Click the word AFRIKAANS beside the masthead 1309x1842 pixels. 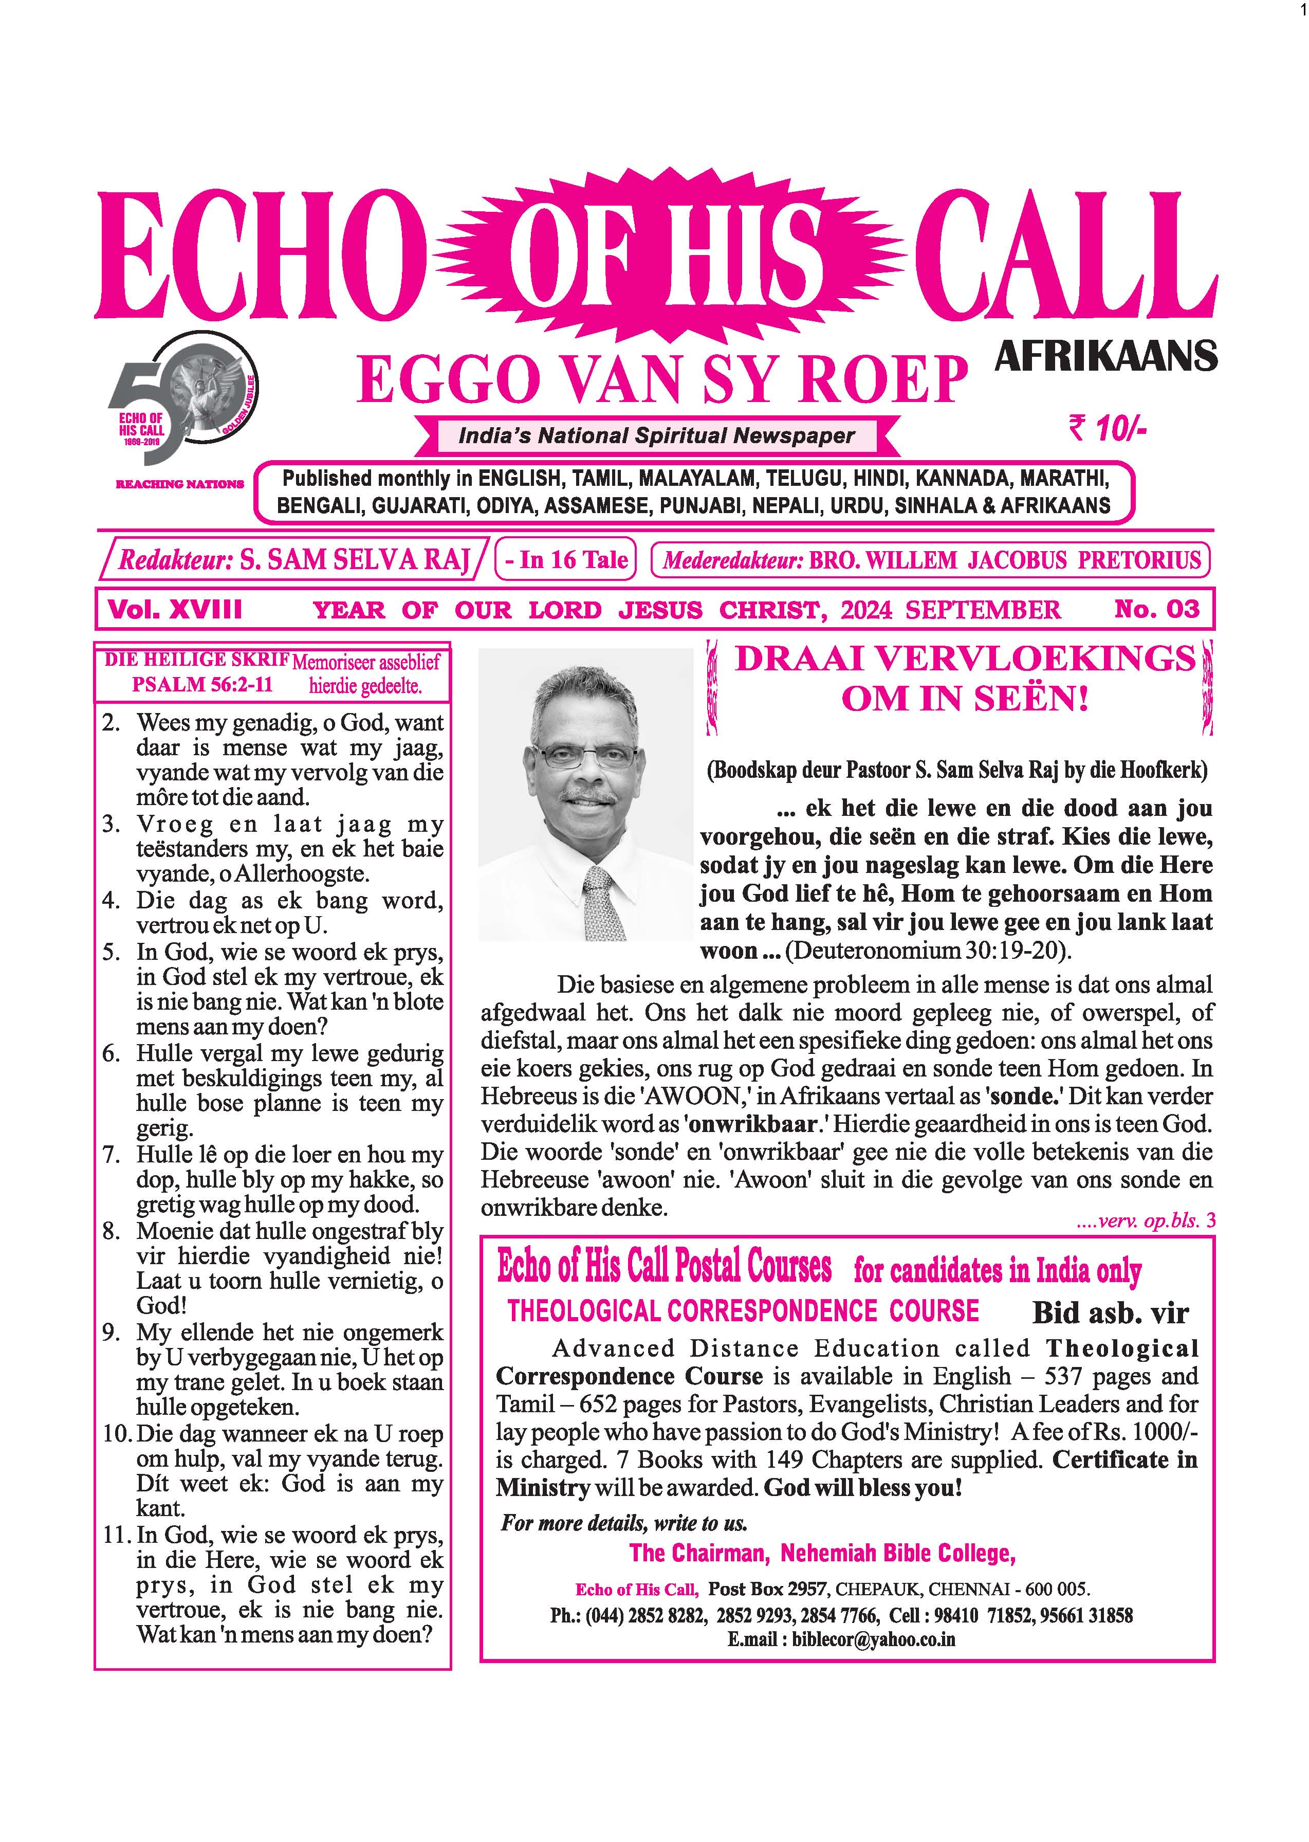(1106, 356)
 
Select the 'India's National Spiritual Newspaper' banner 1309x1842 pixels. (656, 436)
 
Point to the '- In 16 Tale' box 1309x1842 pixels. (566, 559)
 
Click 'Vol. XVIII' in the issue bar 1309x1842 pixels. (175, 609)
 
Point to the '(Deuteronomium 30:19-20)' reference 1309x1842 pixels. (929, 951)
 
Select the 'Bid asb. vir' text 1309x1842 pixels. (1110, 1312)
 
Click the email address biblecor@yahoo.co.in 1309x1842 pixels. (873, 1639)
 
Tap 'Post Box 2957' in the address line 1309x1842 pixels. (767, 1589)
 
